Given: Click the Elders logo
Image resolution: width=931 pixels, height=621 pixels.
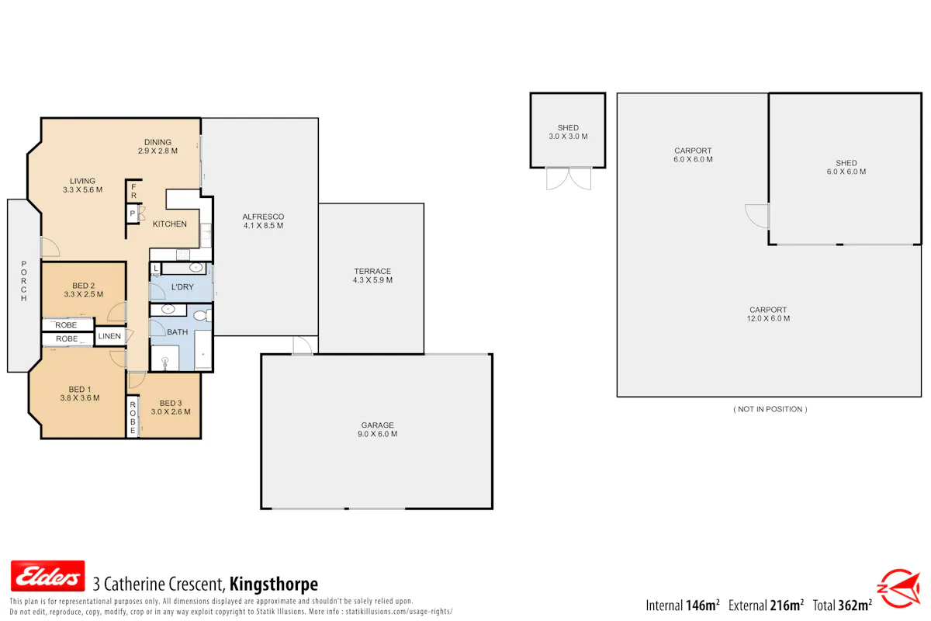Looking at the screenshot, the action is coord(48,576).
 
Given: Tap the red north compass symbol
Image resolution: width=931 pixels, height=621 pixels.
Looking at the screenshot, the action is coord(899,588).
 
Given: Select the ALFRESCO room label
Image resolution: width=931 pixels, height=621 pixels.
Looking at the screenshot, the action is coord(263,221).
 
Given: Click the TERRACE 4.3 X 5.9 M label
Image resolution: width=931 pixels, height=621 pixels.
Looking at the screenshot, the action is coord(372,276).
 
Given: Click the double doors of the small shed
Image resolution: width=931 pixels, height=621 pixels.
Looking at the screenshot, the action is coord(569,179).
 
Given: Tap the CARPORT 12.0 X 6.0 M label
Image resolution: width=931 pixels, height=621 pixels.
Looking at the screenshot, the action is coord(768,314).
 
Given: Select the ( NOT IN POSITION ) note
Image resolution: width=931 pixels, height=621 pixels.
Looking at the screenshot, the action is coord(770,409).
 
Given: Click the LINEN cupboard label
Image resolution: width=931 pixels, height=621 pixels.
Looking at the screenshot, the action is coord(109,336).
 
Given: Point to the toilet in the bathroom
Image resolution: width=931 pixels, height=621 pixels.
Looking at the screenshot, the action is coord(202,316).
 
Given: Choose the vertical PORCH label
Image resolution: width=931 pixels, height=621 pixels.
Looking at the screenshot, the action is coord(24,281).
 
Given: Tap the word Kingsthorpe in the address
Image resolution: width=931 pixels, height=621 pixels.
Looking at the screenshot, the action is coord(274,584).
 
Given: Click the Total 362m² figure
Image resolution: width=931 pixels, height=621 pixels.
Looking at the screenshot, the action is coord(843,605).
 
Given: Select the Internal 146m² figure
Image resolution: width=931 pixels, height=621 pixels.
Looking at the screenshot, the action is coord(683,605).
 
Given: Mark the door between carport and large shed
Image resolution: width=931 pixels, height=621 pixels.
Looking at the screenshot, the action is coord(757,216).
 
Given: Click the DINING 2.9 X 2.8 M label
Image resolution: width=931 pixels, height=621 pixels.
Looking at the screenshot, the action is coord(158,147).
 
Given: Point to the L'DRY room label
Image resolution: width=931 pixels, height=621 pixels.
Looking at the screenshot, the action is coord(182,287).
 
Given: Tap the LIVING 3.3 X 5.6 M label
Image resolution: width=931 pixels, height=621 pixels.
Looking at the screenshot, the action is coord(82,185).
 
